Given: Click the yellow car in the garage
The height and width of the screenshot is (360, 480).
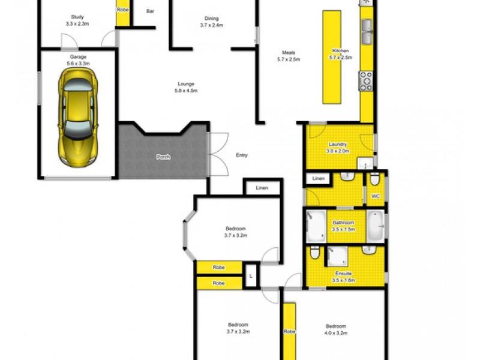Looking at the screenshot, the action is (x=78, y=118).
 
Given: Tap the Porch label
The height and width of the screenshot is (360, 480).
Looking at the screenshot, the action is (x=163, y=157).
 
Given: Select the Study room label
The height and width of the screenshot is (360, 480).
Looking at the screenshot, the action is (x=77, y=17).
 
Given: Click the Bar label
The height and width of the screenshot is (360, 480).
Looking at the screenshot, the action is (x=150, y=11).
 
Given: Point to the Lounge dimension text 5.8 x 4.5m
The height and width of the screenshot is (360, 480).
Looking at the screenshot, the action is (x=186, y=91).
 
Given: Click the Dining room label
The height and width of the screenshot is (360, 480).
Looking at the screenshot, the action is (x=212, y=19).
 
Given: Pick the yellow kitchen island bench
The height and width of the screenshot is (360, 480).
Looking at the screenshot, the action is (x=332, y=57).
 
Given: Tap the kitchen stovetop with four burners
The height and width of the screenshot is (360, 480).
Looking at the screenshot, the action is (x=366, y=81).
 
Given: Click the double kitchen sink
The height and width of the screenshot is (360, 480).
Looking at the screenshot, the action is (x=367, y=32).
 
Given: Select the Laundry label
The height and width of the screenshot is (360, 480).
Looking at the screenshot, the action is (x=338, y=144).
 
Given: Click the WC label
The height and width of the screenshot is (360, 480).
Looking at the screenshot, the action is (x=376, y=196).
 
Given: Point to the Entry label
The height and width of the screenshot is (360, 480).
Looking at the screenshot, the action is (x=242, y=155).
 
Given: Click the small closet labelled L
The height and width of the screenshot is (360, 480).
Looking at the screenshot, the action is (x=251, y=275).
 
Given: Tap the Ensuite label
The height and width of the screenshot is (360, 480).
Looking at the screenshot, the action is (x=343, y=274).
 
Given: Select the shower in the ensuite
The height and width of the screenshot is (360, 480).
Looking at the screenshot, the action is (x=337, y=257).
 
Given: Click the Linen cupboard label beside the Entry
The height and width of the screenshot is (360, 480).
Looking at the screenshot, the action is (x=262, y=188).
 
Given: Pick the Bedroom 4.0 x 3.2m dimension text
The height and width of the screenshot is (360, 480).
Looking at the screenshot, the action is (x=336, y=333).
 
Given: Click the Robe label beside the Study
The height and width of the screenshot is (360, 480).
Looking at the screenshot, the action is (x=122, y=10).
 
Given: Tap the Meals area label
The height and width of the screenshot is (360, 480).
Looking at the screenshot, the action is (x=289, y=53).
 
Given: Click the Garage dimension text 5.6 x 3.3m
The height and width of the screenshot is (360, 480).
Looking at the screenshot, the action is (x=78, y=64).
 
